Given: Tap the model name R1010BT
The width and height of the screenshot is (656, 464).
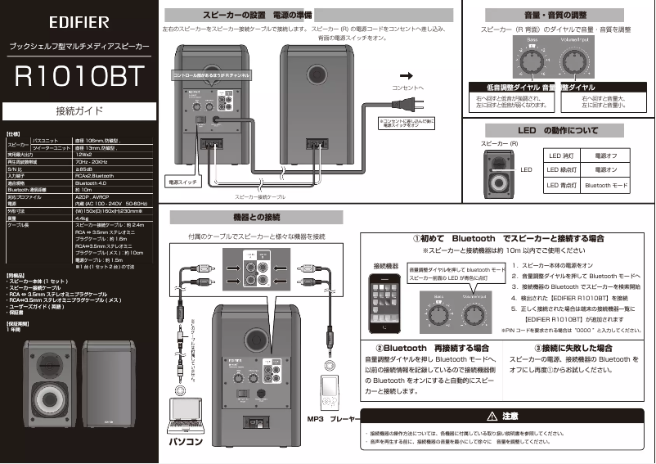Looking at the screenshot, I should pyautogui.click(x=79, y=74).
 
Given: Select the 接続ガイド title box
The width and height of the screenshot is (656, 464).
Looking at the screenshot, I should pyautogui.click(x=79, y=109).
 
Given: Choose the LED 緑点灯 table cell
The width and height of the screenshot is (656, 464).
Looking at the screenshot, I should pyautogui.click(x=561, y=170).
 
